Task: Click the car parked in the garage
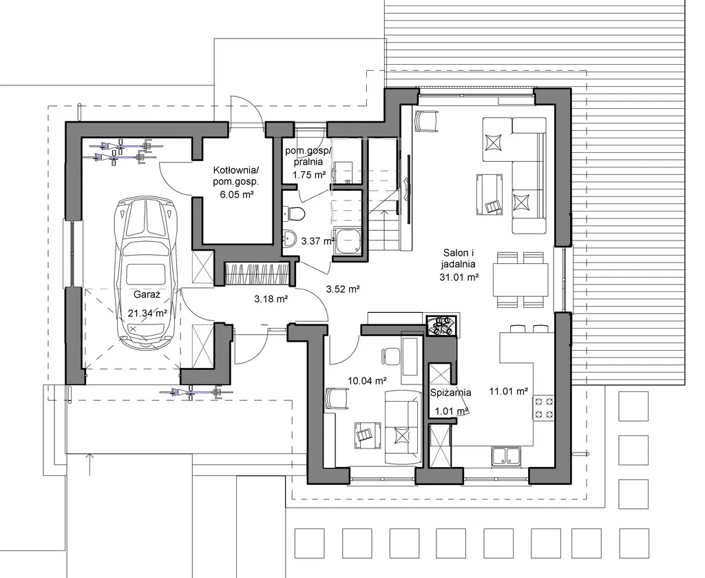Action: pos(146,273)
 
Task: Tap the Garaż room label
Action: pos(147,295)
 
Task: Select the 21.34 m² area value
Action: pos(147,313)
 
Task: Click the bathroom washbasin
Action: pos(290,238)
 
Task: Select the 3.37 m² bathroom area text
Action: pos(318,241)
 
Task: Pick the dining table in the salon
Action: pos(520,280)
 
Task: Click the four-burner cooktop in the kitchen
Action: pos(544,408)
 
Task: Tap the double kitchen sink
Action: pos(506,456)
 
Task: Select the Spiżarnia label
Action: pos(450,392)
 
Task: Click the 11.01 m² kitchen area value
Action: pos(509,391)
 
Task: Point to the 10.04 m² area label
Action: pos(368,381)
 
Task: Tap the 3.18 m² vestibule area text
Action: pos(271,299)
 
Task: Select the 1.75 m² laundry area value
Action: pos(309,175)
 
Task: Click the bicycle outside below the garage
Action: pos(197,392)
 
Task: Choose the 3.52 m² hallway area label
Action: pos(343,289)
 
